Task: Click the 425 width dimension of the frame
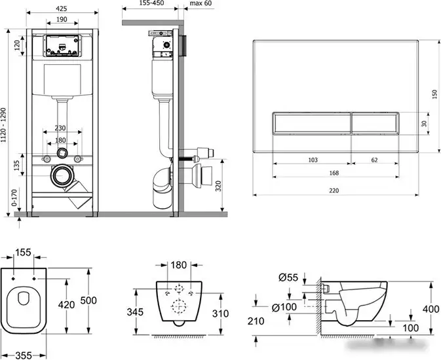click(62, 9)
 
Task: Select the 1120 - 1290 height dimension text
click(3, 125)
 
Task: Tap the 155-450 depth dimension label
click(151, 3)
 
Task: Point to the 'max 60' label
click(201, 3)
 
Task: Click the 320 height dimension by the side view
click(218, 186)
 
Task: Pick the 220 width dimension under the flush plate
click(334, 190)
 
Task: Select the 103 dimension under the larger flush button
click(313, 160)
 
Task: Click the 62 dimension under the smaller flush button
click(374, 160)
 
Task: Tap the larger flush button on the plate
click(311, 123)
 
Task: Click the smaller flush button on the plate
click(375, 123)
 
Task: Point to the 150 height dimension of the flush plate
click(435, 94)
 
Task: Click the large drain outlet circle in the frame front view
click(62, 176)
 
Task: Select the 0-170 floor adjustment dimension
click(14, 198)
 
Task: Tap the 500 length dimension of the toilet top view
click(88, 300)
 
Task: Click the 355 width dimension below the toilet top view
click(24, 355)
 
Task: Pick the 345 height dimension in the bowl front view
click(135, 312)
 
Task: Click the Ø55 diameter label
click(288, 278)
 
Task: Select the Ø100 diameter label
click(284, 307)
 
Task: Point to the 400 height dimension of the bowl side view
click(431, 309)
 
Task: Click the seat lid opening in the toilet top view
click(24, 298)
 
